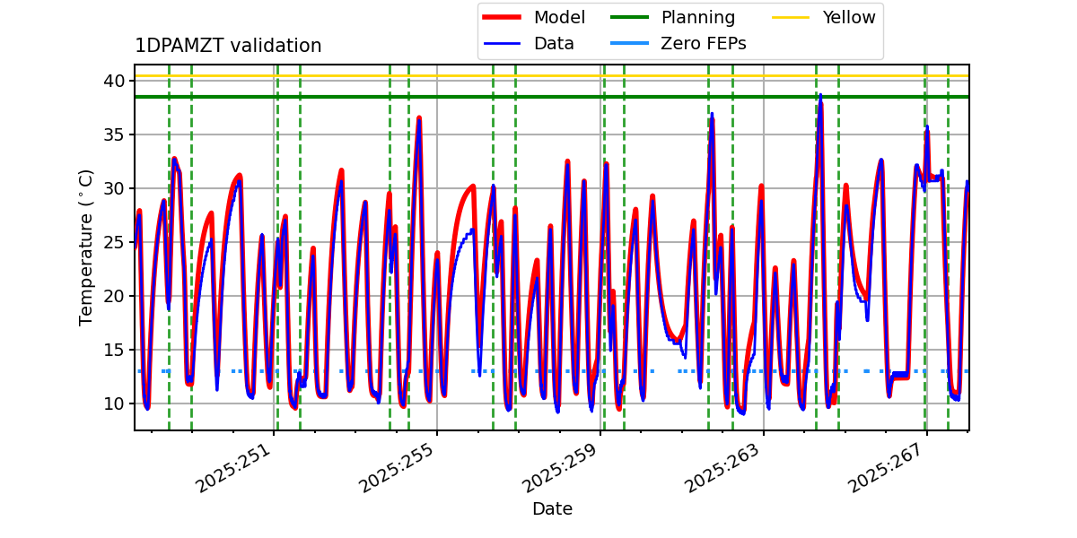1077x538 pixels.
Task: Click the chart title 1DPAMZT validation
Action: coord(228,46)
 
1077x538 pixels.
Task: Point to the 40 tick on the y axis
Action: coord(113,81)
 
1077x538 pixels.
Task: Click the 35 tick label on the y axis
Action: coord(113,134)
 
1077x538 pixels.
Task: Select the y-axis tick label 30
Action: coord(113,188)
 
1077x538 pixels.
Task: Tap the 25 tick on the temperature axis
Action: coord(113,242)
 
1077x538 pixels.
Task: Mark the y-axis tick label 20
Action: coord(113,296)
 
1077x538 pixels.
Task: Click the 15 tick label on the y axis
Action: coord(113,350)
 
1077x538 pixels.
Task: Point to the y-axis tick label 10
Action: coord(113,403)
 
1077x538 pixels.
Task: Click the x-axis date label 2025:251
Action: coord(235,467)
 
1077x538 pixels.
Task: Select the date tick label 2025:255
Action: coord(398,467)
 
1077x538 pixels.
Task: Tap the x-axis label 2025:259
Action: coord(562,467)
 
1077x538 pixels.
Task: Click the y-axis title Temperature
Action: coord(86,247)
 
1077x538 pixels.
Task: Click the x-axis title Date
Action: coord(552,509)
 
